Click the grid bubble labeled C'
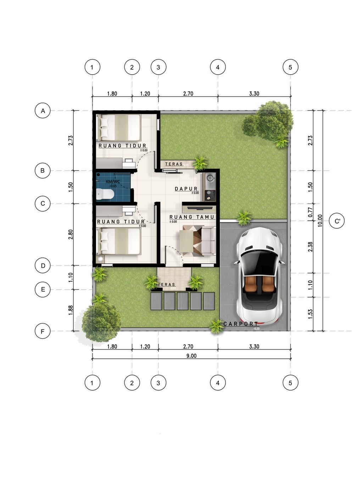point(337,221)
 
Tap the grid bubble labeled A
point(43,111)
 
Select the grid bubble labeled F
point(43,331)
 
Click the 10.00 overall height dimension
point(320,221)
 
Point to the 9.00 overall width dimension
point(191,356)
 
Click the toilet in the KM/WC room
point(105,194)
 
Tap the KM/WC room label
point(113,182)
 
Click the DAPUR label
point(186,189)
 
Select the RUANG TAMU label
point(192,217)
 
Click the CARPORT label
point(241,324)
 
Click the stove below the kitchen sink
point(210,195)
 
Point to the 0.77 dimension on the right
point(310,212)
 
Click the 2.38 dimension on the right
point(310,247)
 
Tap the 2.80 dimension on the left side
point(71,234)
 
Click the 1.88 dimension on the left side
point(71,310)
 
